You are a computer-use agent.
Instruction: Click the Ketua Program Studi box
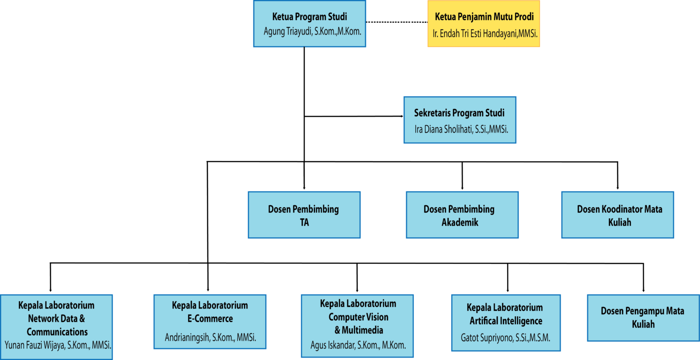pyautogui.click(x=309, y=24)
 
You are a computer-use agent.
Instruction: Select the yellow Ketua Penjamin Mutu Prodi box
pyautogui.click(x=484, y=24)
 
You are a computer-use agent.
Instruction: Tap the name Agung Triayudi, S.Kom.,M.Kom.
pyautogui.click(x=312, y=31)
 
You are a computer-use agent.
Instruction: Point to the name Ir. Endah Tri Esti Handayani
pyautogui.click(x=485, y=33)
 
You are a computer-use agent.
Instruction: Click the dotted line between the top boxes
pyautogui.click(x=396, y=22)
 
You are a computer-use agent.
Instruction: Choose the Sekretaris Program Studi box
pyautogui.click(x=459, y=120)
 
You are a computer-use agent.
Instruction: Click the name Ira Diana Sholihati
pyautogui.click(x=461, y=129)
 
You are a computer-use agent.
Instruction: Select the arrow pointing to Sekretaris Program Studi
pyautogui.click(x=400, y=116)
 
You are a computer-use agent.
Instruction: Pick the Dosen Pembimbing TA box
pyautogui.click(x=304, y=215)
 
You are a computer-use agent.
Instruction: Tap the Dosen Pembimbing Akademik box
pyautogui.click(x=462, y=215)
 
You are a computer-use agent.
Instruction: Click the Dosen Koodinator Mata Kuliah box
pyautogui.click(x=618, y=215)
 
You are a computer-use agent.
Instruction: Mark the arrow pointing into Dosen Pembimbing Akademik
pyautogui.click(x=462, y=186)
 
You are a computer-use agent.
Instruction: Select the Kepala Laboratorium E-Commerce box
pyautogui.click(x=210, y=321)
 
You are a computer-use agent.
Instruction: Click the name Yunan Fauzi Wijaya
pyautogui.click(x=58, y=345)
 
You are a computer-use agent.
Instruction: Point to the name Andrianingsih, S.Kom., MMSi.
pyautogui.click(x=210, y=338)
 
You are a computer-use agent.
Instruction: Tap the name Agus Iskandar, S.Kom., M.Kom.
pyautogui.click(x=358, y=345)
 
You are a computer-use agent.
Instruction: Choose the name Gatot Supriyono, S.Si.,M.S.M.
pyautogui.click(x=505, y=338)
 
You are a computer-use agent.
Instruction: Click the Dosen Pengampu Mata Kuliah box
pyautogui.click(x=643, y=318)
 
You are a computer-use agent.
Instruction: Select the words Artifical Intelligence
pyautogui.click(x=506, y=321)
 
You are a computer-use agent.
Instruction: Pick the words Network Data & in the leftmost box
pyautogui.click(x=57, y=319)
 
